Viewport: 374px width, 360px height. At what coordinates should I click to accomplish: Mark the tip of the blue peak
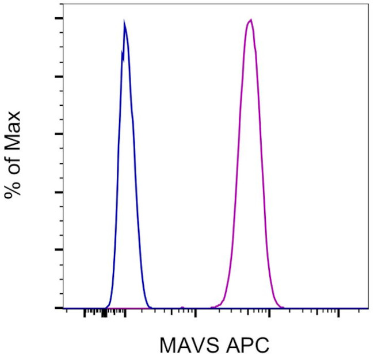[124, 21]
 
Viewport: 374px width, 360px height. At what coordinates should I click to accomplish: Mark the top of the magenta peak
[250, 20]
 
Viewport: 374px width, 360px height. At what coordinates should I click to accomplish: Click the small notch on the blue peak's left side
[121, 52]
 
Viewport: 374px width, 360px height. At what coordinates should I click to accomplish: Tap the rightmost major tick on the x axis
[338, 313]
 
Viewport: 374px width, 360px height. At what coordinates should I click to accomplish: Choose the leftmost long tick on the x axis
[125, 313]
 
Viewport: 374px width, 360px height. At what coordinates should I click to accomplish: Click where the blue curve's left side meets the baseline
[105, 307]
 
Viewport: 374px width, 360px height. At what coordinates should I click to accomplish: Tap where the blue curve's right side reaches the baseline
[150, 307]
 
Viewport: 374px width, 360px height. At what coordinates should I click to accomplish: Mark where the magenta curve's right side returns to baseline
[283, 307]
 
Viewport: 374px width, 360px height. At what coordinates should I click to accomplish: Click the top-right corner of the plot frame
[368, 3]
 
